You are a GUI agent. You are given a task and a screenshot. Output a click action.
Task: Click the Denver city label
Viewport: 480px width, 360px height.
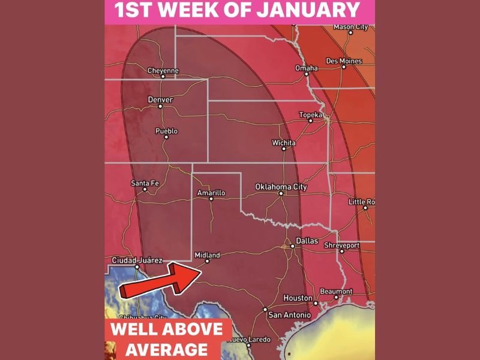(x=160, y=100)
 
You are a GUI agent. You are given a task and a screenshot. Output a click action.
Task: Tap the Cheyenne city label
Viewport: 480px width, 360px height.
(x=163, y=71)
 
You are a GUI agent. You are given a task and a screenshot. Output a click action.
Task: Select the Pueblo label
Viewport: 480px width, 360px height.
(x=166, y=131)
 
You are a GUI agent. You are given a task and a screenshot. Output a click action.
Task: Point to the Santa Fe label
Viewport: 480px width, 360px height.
(x=145, y=183)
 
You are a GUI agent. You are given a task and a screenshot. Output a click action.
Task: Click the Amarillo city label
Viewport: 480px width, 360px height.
(x=211, y=193)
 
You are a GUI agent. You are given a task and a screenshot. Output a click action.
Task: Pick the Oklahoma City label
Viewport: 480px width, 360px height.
(x=281, y=187)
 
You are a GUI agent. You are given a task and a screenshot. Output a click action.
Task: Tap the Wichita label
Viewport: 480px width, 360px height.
(x=283, y=143)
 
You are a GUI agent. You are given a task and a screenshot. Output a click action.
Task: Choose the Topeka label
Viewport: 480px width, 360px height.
(x=311, y=115)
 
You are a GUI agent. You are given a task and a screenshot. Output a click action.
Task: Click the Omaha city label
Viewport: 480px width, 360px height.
(x=306, y=68)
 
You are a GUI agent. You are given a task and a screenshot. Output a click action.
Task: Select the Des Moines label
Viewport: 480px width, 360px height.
(x=344, y=61)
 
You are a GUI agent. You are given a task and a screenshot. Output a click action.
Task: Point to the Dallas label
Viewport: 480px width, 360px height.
(x=307, y=240)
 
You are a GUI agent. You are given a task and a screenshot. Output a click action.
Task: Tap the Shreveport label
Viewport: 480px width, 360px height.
(x=341, y=245)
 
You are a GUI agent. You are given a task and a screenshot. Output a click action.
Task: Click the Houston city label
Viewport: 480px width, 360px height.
(x=298, y=298)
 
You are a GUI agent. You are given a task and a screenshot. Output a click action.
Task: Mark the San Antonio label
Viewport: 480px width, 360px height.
(x=289, y=314)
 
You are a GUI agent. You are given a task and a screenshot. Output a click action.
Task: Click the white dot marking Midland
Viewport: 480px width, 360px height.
(x=208, y=261)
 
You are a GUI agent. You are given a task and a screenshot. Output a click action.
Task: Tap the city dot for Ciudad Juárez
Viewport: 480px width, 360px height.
(x=137, y=266)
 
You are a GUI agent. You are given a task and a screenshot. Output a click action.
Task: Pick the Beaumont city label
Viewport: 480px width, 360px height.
(x=336, y=291)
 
